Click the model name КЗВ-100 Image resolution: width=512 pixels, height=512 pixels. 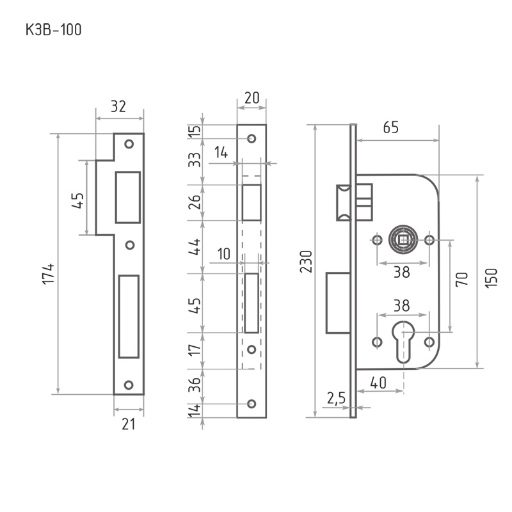pyautogui.click(x=53, y=29)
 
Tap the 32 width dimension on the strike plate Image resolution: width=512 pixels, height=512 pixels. pyautogui.click(x=118, y=106)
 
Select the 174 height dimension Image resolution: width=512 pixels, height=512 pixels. pyautogui.click(x=49, y=274)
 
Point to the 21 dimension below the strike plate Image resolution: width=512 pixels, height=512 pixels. pyautogui.click(x=129, y=424)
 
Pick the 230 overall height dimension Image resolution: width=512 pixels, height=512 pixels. pyautogui.click(x=307, y=262)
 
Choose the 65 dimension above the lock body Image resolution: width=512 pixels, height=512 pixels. pyautogui.click(x=390, y=127)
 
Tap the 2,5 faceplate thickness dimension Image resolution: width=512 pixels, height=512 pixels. pyautogui.click(x=335, y=398)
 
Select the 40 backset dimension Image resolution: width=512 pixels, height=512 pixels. pyautogui.click(x=378, y=383)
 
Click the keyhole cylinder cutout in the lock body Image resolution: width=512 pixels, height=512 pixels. pyautogui.click(x=403, y=342)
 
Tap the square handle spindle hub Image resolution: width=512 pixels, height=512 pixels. pyautogui.click(x=403, y=240)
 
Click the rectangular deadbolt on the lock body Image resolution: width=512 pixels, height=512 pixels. pyautogui.click(x=337, y=303)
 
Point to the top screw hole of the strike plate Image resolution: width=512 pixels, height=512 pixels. pyautogui.click(x=129, y=144)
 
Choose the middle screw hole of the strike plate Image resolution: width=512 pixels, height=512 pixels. pyautogui.click(x=129, y=245)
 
